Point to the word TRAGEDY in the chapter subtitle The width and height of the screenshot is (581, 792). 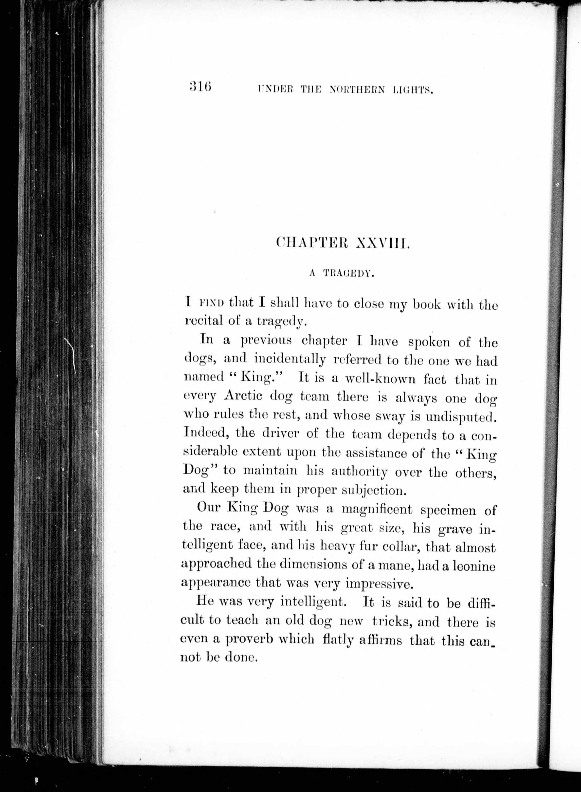pos(347,274)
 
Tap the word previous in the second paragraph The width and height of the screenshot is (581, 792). pos(266,340)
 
